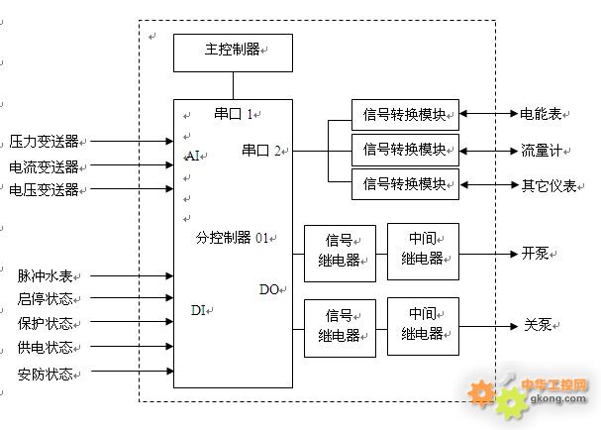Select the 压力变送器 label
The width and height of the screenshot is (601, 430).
tap(44, 142)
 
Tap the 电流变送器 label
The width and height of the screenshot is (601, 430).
tap(44, 166)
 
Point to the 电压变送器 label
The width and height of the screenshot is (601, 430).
tap(44, 190)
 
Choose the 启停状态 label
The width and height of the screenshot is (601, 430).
tap(45, 299)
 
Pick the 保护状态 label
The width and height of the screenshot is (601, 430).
tap(45, 324)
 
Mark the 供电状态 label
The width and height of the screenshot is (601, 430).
tap(45, 348)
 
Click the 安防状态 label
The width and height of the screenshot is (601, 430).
tap(45, 374)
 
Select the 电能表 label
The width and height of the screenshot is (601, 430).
tap(541, 115)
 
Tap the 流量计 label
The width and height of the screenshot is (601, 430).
tap(541, 151)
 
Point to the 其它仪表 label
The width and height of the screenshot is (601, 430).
tap(548, 185)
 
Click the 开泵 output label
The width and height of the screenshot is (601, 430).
tap(534, 253)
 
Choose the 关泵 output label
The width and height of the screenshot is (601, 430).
tap(534, 325)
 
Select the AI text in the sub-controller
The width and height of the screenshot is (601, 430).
tap(192, 156)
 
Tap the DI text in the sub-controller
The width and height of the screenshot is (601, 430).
tap(197, 310)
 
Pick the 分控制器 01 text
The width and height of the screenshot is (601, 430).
tap(232, 238)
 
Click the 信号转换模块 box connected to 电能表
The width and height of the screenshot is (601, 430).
tap(405, 114)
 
